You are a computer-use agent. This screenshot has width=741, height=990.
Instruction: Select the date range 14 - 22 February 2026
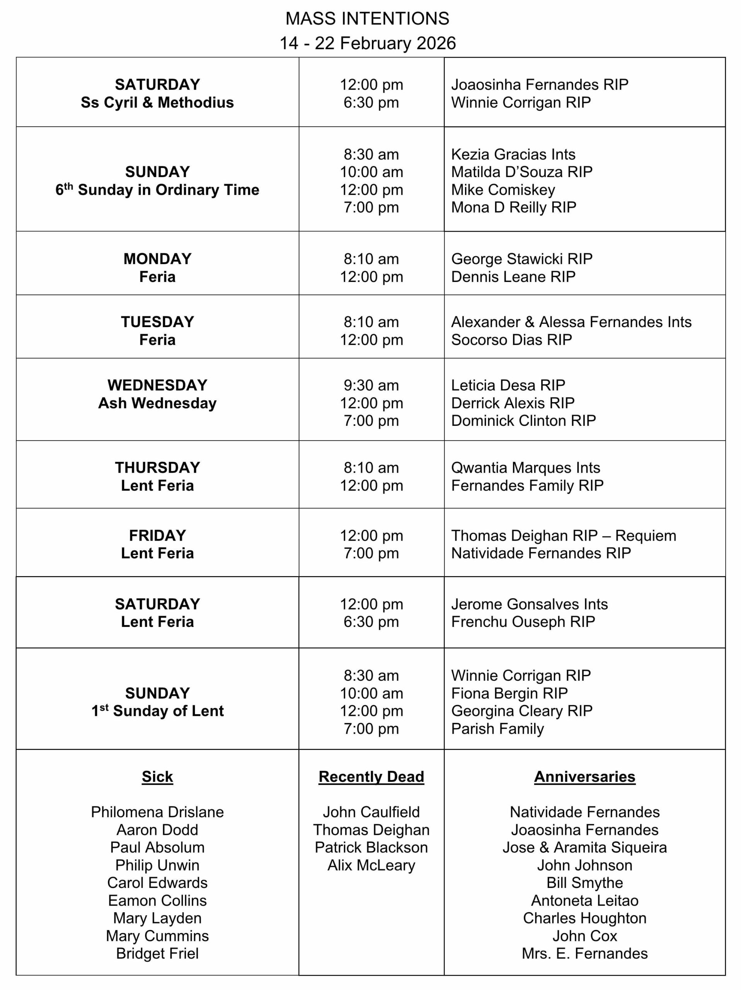point(367,43)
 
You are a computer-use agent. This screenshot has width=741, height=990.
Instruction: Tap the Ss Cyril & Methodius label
point(157,102)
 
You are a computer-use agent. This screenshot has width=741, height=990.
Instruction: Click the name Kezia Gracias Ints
point(513,154)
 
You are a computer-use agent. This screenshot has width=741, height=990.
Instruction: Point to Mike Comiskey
point(503,190)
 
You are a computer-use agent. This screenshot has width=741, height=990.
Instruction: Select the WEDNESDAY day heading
point(157,385)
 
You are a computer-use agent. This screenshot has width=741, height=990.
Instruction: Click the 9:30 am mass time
point(371,385)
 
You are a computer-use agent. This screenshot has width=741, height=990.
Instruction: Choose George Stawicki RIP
point(521,259)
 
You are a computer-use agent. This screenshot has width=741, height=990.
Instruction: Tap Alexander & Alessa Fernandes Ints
point(571,322)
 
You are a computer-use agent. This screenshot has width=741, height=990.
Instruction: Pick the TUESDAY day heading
point(157,322)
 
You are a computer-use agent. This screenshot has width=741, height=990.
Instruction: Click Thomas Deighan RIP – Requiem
point(563,535)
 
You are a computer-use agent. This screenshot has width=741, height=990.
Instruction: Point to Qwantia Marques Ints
point(525,468)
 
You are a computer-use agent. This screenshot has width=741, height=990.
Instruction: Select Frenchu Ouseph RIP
point(523,622)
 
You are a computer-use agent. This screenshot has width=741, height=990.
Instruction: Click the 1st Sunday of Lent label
point(157,711)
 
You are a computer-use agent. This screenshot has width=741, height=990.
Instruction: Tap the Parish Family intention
point(497,729)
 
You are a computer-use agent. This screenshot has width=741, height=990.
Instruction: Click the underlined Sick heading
point(157,777)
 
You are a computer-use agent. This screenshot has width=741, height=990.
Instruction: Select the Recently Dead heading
point(371,777)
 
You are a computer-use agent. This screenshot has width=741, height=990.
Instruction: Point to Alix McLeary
point(371,865)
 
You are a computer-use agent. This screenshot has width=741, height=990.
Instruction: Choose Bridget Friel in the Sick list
point(157,953)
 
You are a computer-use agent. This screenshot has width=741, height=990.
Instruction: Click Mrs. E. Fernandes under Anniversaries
point(584,953)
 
